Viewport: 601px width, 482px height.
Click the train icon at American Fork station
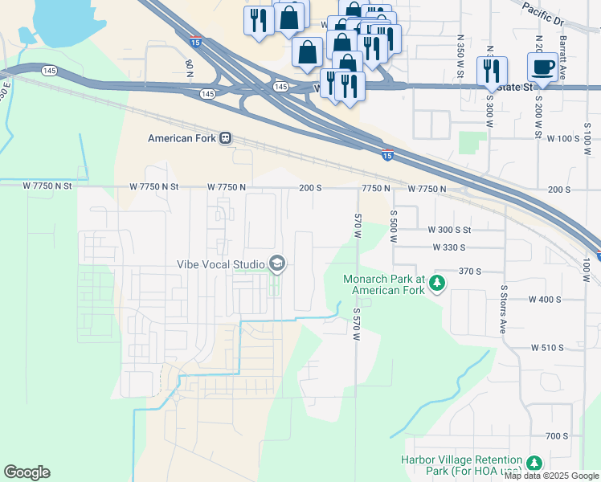(x=227, y=138)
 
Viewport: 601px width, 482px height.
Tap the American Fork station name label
(x=182, y=138)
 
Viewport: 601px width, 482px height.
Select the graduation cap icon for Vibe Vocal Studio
(x=277, y=263)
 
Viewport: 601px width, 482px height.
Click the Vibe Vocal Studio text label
(x=221, y=264)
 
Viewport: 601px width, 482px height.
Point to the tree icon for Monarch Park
(x=437, y=284)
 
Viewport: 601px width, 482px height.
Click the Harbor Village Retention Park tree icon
(x=533, y=464)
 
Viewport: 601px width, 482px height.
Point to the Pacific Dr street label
(x=542, y=10)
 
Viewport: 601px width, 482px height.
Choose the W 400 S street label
(x=545, y=299)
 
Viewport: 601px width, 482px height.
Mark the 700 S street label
(x=556, y=436)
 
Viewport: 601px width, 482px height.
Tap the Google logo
(x=27, y=472)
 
